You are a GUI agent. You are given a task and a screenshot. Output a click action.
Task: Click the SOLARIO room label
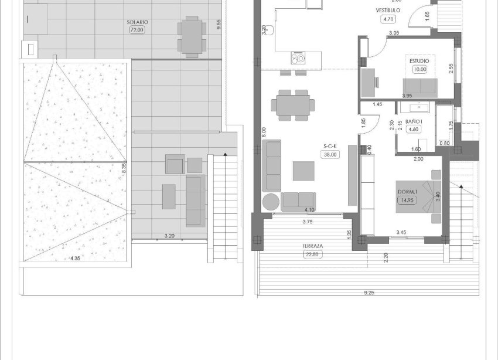coord(137,22)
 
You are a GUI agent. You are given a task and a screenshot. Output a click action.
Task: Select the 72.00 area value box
coord(137,30)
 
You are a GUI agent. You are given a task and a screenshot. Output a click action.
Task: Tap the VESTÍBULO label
coord(388,11)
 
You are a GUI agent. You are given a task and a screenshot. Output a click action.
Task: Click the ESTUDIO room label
coord(419,61)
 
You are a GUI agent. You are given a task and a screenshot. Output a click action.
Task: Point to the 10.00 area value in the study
coord(419,69)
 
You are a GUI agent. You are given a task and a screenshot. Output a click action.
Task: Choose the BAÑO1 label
coord(414,121)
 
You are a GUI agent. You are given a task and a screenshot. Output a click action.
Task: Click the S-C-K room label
coord(330,147)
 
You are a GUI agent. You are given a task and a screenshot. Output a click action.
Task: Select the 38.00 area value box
coord(330,155)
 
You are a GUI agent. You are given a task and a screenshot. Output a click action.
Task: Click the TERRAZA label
coord(314,246)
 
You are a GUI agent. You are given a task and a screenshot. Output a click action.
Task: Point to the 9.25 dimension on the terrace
coord(368,293)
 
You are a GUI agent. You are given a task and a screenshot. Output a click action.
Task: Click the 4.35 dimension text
coord(75,259)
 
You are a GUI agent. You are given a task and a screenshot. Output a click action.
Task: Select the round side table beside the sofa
coord(271,202)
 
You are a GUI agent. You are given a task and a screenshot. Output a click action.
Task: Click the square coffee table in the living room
coord(304,171)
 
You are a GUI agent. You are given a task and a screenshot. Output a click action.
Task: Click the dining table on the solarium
coord(192,36)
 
